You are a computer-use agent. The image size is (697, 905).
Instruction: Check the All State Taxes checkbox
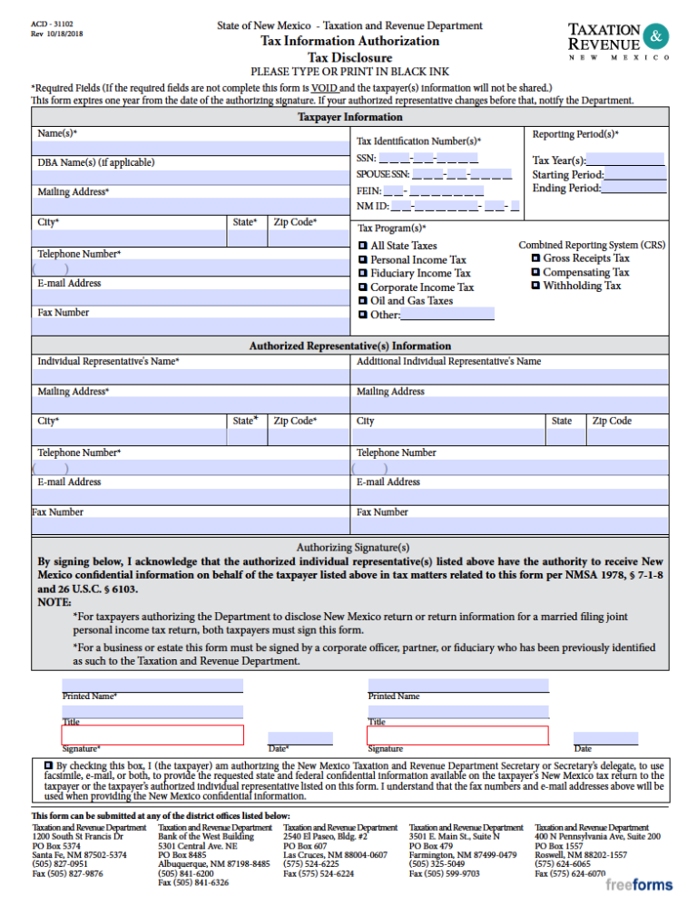coord(362,246)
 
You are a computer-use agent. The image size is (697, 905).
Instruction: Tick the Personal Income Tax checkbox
coord(362,259)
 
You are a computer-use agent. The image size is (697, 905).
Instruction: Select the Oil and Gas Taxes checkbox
coord(362,300)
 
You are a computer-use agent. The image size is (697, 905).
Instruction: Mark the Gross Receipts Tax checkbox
coord(535,258)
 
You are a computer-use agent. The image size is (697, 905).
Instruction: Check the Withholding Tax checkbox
coord(535,286)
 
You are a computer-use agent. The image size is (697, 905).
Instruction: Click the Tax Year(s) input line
coord(625,160)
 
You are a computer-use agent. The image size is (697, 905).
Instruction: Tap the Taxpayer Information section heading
coord(349,117)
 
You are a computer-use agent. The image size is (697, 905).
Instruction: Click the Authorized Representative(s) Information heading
coord(349,345)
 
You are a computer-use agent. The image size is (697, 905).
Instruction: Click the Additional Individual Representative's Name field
coord(511,375)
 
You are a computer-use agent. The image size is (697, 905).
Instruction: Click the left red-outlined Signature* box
coord(152,735)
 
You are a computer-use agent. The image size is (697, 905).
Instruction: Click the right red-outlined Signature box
coord(457,735)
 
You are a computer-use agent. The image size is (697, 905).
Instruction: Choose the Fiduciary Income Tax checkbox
coord(362,273)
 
